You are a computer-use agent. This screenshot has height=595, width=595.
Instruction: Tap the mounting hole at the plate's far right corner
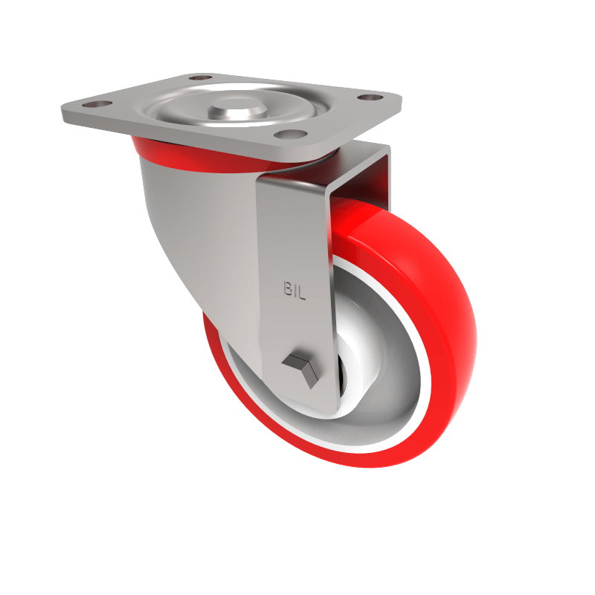[367, 97]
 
